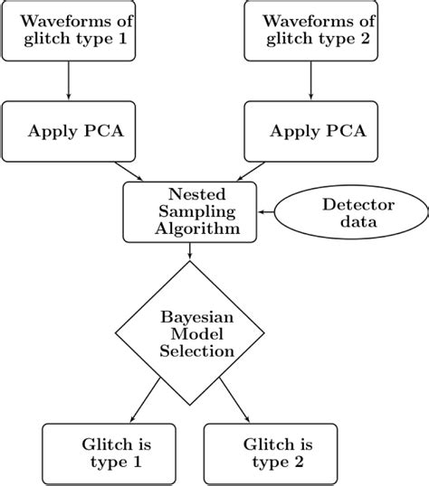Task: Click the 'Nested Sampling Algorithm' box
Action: tap(190, 211)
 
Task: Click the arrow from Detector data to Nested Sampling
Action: tap(269, 211)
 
